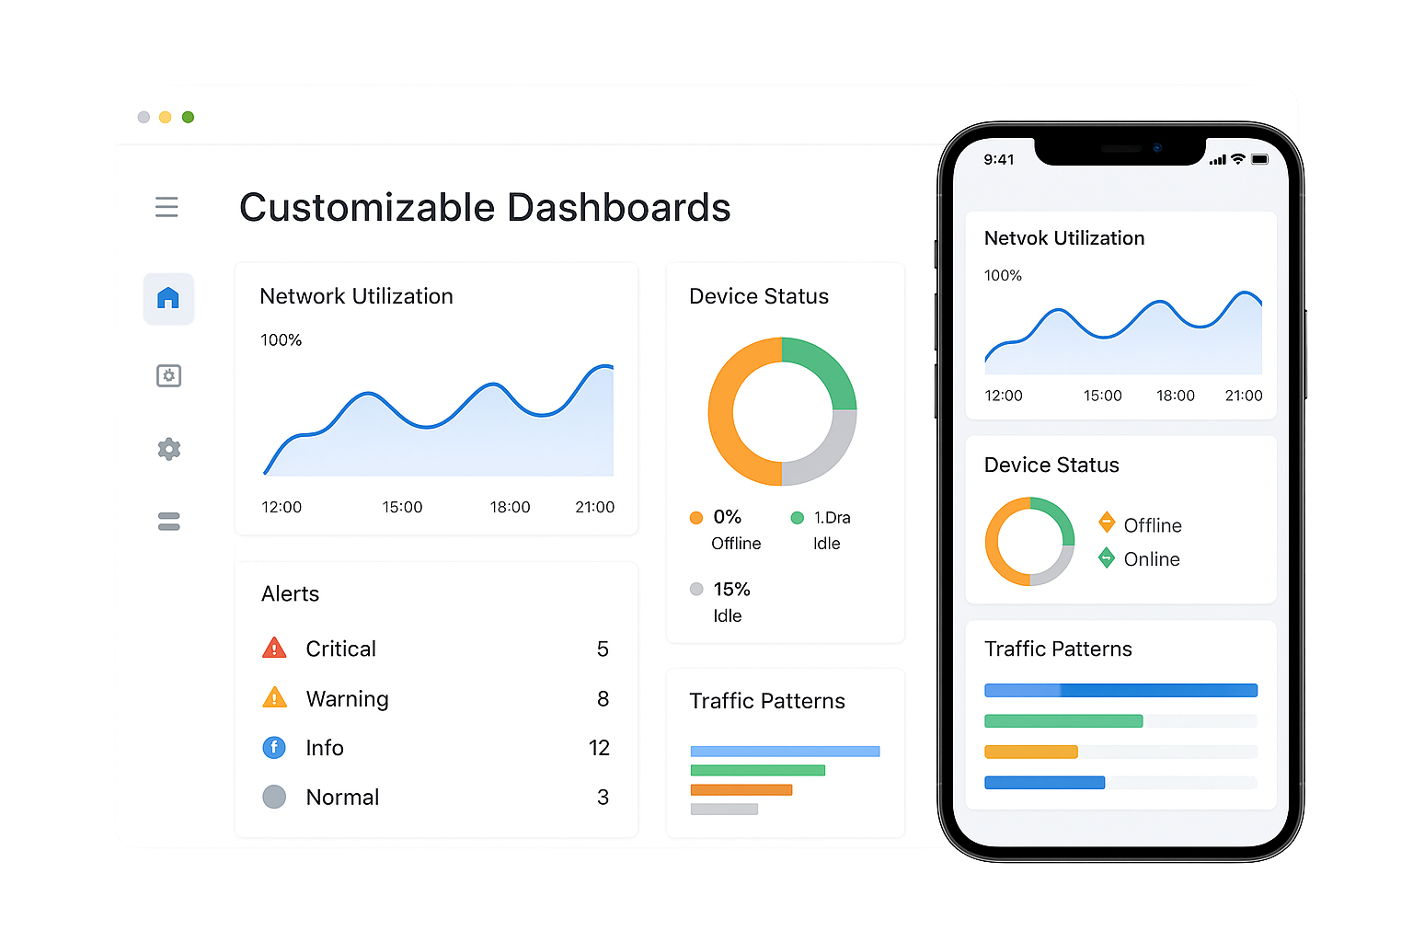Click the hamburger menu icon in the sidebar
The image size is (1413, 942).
(x=167, y=207)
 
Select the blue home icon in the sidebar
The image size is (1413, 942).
(x=168, y=298)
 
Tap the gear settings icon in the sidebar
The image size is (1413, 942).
(x=169, y=449)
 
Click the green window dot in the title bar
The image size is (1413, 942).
(x=188, y=117)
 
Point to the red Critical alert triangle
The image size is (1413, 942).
(x=274, y=649)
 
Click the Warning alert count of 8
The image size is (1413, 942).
(x=603, y=699)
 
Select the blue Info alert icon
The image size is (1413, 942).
(x=274, y=748)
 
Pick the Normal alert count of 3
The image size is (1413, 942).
(x=603, y=798)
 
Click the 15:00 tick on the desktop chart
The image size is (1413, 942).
(x=402, y=507)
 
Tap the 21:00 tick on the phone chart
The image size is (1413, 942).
(x=1243, y=396)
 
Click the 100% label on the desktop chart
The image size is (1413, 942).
(x=281, y=340)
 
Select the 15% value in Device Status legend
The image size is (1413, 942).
(x=731, y=590)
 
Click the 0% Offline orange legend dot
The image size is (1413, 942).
(x=696, y=518)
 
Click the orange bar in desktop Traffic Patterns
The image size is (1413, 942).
(x=741, y=789)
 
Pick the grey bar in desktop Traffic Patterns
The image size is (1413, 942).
(x=724, y=810)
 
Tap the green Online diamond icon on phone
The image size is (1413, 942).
(x=1107, y=557)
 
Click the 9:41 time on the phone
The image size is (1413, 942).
(x=998, y=159)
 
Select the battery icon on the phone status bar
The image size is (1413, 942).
(x=1259, y=159)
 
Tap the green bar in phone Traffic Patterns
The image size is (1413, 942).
(x=1063, y=721)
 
